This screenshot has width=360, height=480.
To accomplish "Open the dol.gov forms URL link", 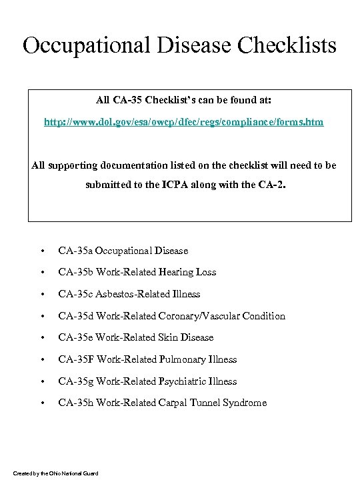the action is [184, 123].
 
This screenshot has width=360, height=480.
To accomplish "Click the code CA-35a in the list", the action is [75, 251].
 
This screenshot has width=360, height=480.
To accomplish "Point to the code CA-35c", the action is [75, 294].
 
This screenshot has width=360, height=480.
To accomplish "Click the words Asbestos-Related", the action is [128, 294].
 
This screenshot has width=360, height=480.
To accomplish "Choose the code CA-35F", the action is [75, 359].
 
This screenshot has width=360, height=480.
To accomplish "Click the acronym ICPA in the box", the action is [193, 185].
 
